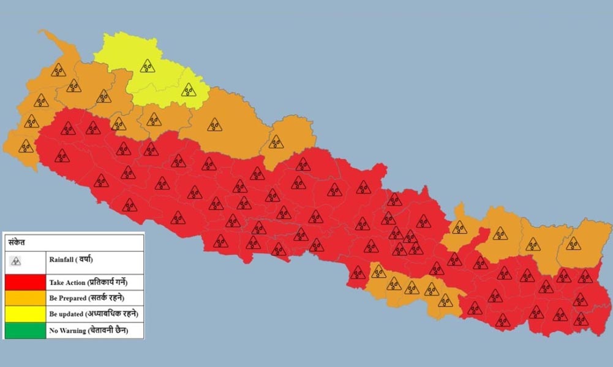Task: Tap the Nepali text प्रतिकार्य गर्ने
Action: [113, 283]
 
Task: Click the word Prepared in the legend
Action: [72, 298]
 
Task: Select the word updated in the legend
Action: [70, 314]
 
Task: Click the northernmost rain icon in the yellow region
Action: [147, 65]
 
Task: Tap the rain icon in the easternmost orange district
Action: [573, 243]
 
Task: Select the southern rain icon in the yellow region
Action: [189, 90]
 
